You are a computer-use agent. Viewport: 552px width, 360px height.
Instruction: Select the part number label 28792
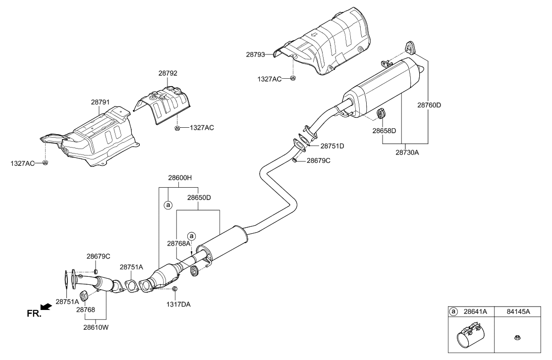click(167, 73)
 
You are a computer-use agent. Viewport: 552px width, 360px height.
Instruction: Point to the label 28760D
click(429, 105)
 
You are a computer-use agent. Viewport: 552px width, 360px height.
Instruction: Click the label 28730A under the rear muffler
click(407, 153)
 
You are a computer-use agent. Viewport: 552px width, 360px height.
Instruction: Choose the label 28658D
click(385, 131)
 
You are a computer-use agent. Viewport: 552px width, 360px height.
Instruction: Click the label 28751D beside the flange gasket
click(331, 146)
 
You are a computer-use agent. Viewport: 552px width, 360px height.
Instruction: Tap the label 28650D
click(199, 197)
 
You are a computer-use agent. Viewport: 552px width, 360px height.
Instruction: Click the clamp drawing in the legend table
click(469, 335)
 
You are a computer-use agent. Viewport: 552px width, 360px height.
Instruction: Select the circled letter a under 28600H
click(168, 204)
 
